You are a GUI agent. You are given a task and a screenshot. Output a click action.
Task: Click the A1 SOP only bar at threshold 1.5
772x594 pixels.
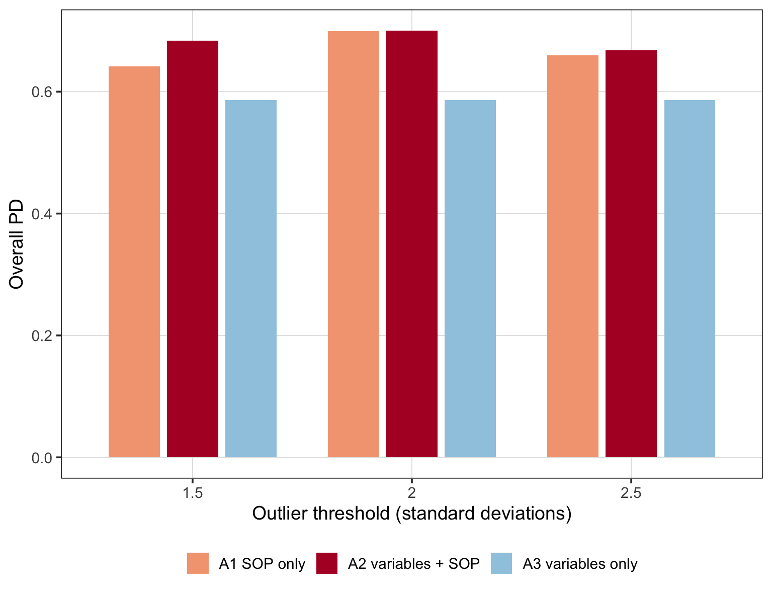click(134, 262)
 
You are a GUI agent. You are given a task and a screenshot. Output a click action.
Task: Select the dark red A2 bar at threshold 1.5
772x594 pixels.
click(193, 249)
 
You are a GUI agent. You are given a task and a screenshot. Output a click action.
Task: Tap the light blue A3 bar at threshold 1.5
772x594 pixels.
click(251, 279)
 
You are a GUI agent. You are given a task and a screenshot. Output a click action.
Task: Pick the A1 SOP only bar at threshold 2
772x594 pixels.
click(354, 244)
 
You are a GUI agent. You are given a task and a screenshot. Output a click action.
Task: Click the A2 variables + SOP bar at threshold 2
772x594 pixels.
click(412, 244)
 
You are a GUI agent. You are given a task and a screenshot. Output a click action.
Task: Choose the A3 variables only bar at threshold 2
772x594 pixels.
click(470, 279)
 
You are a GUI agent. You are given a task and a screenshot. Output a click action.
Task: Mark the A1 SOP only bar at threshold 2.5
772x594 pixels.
click(573, 256)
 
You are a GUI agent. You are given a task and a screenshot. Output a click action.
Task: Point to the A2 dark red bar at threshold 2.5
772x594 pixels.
click(631, 253)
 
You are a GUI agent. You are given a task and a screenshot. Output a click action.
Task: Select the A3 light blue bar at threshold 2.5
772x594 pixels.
click(690, 279)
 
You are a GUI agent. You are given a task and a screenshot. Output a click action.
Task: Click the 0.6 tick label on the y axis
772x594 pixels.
click(42, 92)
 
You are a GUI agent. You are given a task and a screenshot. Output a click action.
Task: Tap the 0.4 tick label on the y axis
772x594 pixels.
click(42, 214)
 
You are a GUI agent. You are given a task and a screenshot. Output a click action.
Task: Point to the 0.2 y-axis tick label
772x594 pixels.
click(42, 335)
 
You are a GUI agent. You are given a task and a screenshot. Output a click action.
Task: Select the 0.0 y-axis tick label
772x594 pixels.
click(42, 458)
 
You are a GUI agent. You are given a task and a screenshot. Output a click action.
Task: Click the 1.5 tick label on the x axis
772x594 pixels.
click(193, 493)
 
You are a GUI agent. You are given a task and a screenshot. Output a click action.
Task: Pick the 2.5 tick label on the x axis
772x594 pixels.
click(631, 493)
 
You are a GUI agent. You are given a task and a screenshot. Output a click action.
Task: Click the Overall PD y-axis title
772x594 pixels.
click(16, 244)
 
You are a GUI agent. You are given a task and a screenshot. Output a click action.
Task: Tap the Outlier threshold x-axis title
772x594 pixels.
click(412, 514)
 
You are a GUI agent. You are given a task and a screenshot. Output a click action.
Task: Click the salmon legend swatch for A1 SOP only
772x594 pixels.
click(198, 563)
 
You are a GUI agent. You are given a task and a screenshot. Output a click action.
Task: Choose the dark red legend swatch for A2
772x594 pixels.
click(327, 563)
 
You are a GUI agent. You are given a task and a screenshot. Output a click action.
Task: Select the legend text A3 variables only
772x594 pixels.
click(580, 564)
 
